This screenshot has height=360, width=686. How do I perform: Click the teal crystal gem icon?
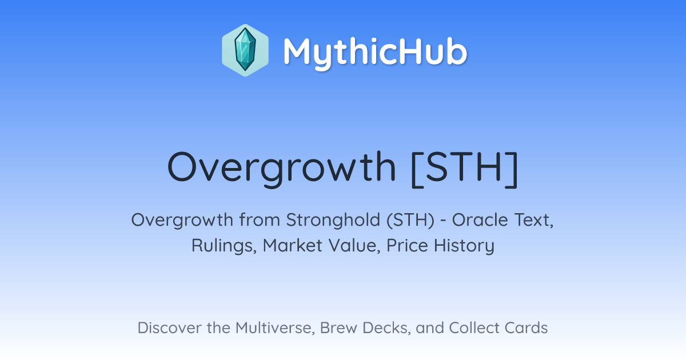click(245, 50)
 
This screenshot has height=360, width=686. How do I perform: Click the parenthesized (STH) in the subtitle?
click(410, 220)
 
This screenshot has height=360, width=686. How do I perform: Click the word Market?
click(293, 245)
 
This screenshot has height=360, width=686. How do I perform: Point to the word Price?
click(407, 245)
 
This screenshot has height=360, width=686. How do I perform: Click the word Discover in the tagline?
click(169, 327)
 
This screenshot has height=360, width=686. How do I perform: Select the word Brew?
click(338, 328)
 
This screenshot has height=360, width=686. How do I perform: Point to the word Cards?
click(526, 327)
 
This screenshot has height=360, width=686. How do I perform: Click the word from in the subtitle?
click(260, 220)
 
